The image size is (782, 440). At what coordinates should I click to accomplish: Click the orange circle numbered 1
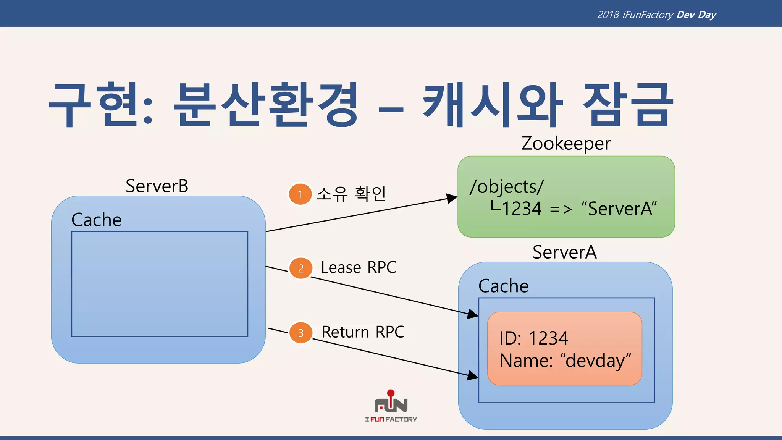300,194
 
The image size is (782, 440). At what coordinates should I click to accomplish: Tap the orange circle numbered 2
301,268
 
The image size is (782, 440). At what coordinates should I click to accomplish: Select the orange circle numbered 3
301,333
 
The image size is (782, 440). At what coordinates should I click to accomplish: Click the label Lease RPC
358,267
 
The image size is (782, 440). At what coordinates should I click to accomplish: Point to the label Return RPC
363,332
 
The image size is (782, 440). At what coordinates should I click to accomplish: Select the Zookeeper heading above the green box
566,144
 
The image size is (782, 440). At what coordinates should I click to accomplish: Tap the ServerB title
157,186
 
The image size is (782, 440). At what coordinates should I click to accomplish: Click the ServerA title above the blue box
564,252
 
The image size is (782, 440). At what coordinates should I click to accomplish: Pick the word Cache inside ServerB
97,220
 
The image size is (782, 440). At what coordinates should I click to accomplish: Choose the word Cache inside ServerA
503,286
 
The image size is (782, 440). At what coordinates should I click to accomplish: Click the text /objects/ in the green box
507,187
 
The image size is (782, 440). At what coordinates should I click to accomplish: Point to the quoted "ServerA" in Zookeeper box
619,209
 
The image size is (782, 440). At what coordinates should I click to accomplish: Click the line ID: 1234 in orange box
533,338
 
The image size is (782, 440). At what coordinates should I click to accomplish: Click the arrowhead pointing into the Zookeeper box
452,198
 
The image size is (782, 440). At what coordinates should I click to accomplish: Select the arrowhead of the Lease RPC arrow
473,314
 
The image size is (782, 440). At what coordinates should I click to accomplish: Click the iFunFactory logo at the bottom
391,407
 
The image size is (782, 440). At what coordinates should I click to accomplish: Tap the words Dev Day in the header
696,15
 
